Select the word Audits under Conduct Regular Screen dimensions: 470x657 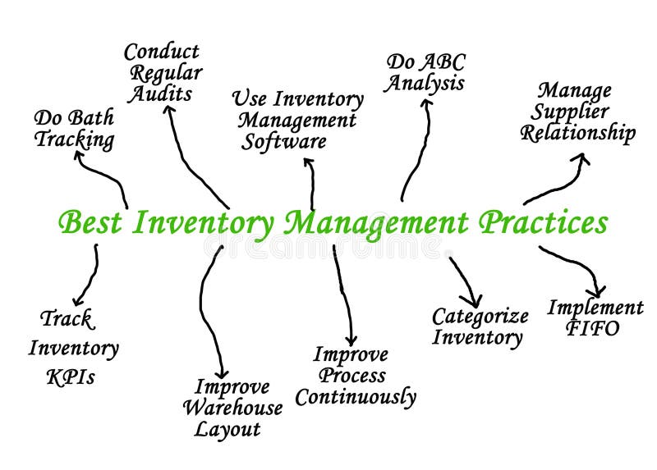(159, 94)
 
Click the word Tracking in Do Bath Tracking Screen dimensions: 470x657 (74, 139)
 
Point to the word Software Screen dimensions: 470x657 (283, 141)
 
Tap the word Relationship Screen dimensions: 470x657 (578, 133)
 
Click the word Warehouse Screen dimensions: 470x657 (232, 408)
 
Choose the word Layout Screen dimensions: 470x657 (227, 429)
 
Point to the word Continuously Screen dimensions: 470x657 (356, 398)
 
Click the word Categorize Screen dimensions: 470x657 (480, 317)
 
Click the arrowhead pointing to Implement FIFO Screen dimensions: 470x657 (597, 290)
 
